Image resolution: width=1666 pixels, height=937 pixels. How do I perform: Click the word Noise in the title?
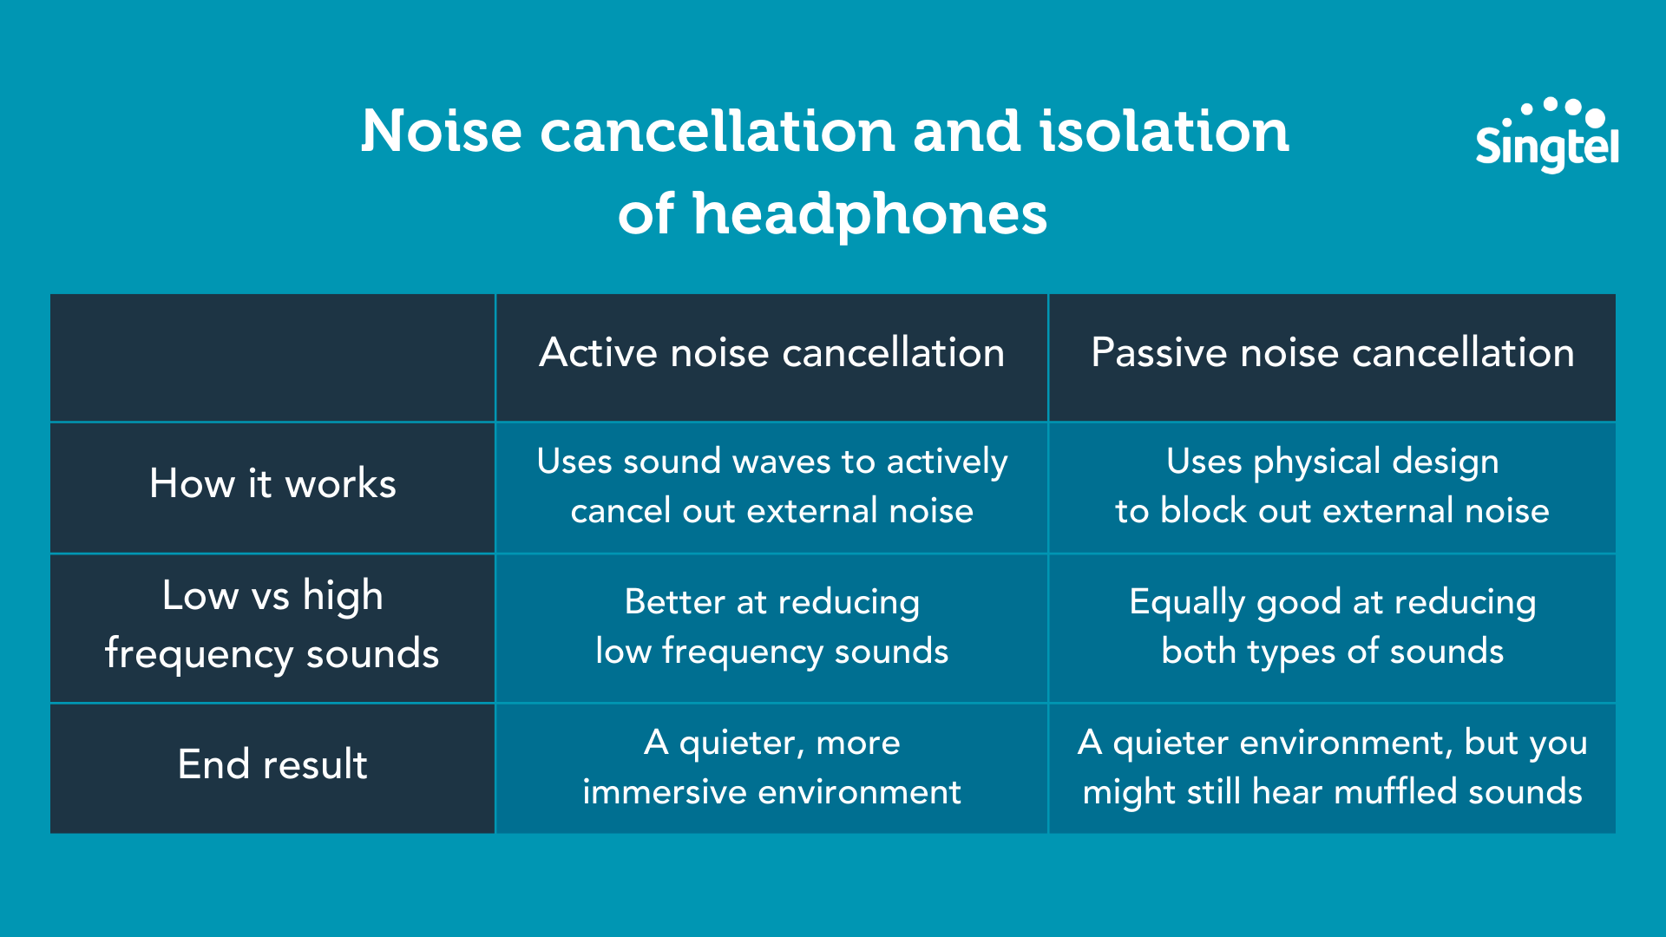pos(442,132)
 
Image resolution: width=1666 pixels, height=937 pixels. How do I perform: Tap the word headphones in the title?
pos(869,214)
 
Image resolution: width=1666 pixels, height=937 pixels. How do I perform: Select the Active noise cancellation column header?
pos(771,353)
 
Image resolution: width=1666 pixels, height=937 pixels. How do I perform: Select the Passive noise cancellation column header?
pos(1332,353)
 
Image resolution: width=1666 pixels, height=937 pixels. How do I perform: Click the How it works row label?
pos(272,484)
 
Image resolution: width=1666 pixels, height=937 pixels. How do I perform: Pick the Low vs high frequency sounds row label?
pos(272,625)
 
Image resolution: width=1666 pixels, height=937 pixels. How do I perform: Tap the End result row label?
pos(272,765)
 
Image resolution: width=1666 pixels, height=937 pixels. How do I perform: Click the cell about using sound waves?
pos(771,486)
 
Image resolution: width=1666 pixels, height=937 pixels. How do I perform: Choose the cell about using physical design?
pos(1332,486)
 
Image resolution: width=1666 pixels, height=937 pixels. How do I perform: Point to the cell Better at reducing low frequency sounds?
pos(771,626)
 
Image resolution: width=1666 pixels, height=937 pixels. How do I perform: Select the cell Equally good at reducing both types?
pos(1332,626)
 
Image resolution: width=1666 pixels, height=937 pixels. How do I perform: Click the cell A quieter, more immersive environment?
pos(771,767)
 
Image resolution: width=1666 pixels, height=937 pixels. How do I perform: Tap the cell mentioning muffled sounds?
pos(1332,767)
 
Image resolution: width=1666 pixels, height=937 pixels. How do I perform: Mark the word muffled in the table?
pos(1394,792)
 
